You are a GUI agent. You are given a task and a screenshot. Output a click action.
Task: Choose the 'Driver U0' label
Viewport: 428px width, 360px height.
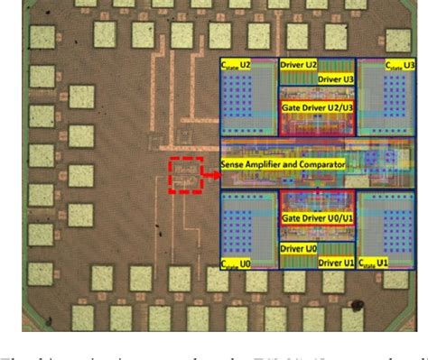pyautogui.click(x=299, y=247)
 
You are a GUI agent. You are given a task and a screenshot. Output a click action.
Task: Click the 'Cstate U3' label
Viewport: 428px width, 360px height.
pyautogui.click(x=397, y=66)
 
